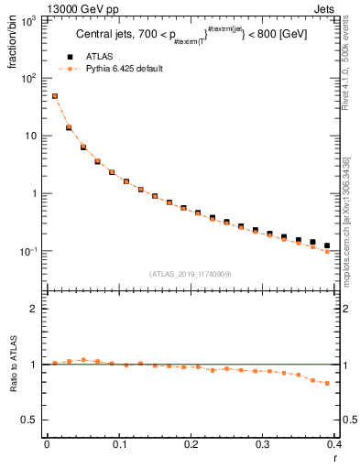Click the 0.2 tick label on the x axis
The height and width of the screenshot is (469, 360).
point(191,445)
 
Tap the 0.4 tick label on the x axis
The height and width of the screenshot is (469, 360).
point(334,445)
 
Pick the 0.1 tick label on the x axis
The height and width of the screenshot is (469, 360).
point(119,445)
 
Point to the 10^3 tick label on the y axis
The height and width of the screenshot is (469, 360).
point(29,20)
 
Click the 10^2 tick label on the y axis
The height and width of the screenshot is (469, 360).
point(29,78)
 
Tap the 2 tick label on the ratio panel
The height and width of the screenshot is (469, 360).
point(37,309)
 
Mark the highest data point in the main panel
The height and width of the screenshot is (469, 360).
point(55,96)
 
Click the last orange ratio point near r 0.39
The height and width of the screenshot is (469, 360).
point(327,383)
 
